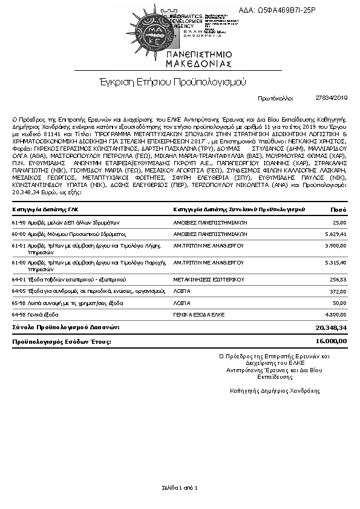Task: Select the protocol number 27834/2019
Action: click(x=332, y=97)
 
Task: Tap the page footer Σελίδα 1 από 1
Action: click(x=180, y=487)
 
